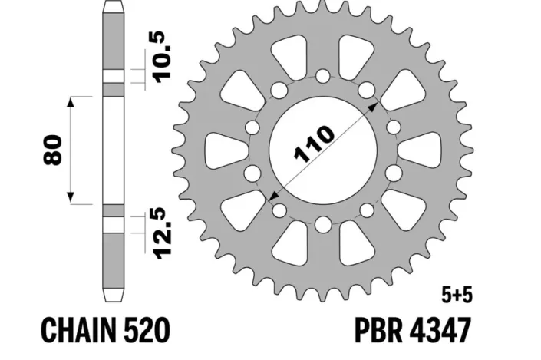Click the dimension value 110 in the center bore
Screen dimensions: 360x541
(314, 147)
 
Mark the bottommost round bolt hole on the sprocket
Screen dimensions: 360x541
(322, 225)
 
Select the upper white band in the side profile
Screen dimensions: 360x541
(113, 76)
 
